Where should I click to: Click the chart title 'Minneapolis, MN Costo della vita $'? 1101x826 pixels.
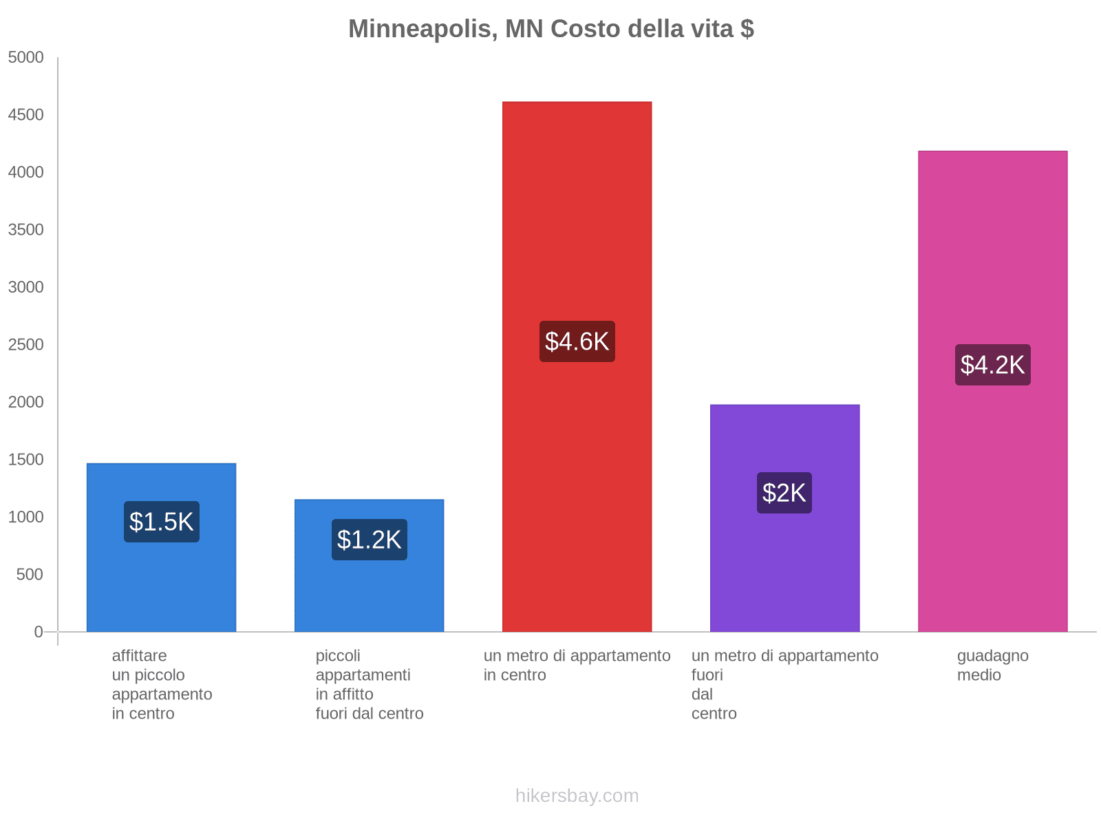tap(550, 29)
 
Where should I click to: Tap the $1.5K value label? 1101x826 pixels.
tap(162, 522)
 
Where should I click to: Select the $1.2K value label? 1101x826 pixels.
tap(370, 540)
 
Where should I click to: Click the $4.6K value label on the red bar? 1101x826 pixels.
tap(577, 341)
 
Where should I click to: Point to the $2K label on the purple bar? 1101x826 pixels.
tap(784, 493)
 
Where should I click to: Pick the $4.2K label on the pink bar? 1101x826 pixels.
tap(992, 365)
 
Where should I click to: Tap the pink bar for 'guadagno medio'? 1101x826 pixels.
tap(992, 262)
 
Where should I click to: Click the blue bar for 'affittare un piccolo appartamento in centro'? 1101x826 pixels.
tap(162, 585)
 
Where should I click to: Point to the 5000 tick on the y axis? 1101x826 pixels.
tap(26, 58)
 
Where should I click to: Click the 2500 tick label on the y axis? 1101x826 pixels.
tap(26, 345)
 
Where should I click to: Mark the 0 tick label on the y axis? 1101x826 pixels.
tap(39, 632)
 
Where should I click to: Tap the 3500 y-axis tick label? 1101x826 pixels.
tap(26, 230)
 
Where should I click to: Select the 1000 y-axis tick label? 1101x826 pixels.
tap(26, 517)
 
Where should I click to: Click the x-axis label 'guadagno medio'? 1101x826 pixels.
tap(992, 665)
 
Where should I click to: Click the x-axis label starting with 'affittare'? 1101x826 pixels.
tap(162, 684)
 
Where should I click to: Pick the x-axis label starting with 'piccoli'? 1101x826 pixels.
tap(370, 684)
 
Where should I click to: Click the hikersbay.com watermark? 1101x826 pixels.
tap(577, 796)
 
